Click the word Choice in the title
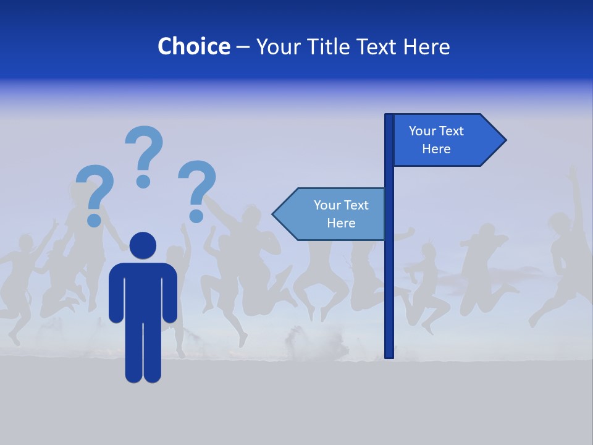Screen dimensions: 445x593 (x=193, y=46)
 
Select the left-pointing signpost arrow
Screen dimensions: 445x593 (x=330, y=214)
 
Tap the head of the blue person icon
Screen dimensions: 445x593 (x=143, y=245)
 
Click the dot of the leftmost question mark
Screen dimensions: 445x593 (x=94, y=220)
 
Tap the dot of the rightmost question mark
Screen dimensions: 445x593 (x=196, y=216)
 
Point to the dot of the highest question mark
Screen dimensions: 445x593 (x=143, y=181)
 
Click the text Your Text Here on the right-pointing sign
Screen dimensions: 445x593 (x=436, y=140)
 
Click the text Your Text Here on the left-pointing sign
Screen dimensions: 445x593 (x=341, y=214)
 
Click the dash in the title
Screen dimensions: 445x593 (x=243, y=47)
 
